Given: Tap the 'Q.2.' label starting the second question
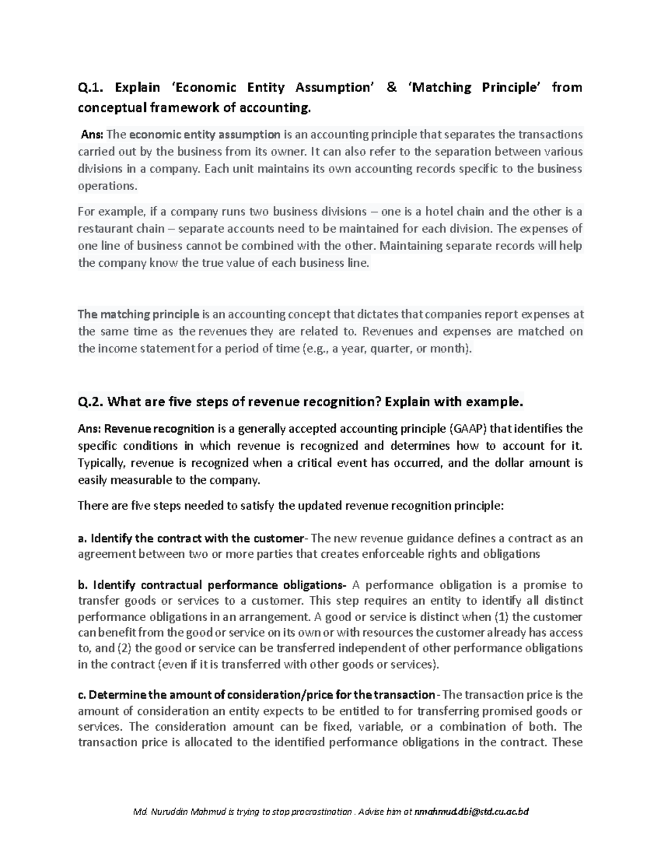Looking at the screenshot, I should (91, 402).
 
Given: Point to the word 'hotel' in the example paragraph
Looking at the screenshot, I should (424, 212).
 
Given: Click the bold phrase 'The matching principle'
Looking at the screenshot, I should (138, 315).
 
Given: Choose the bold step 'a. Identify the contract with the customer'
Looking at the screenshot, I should (191, 539).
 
